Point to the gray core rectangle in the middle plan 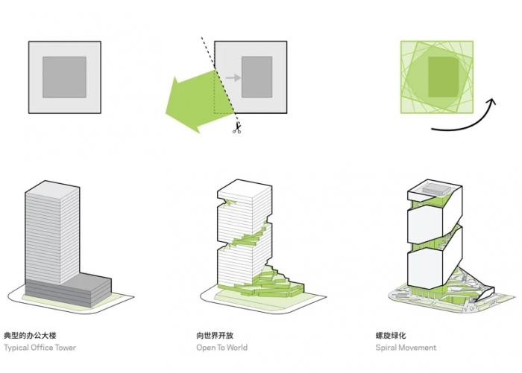point(256,77)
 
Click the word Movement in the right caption point(420,348)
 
